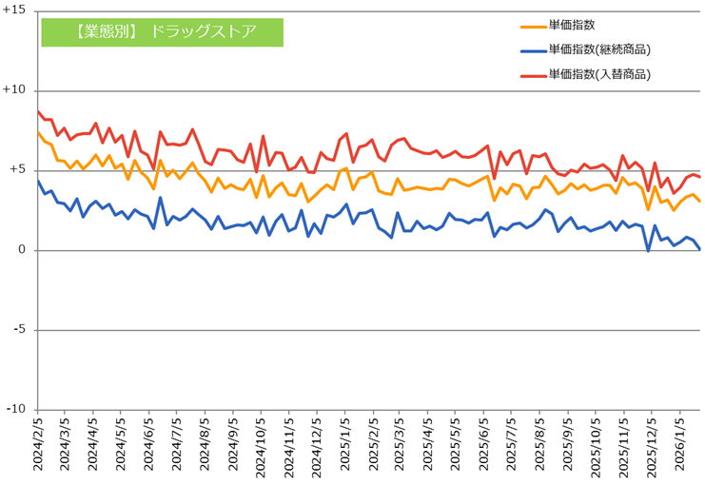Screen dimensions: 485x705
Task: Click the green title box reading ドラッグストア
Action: (162, 31)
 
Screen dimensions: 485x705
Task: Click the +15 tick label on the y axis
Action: (16, 10)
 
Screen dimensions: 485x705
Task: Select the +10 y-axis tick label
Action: (16, 90)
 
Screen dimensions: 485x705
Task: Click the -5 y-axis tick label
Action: (21, 330)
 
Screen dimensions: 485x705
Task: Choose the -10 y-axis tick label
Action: (17, 410)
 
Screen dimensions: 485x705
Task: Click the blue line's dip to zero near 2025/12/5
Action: (648, 250)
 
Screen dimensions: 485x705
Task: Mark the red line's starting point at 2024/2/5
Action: (38, 111)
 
